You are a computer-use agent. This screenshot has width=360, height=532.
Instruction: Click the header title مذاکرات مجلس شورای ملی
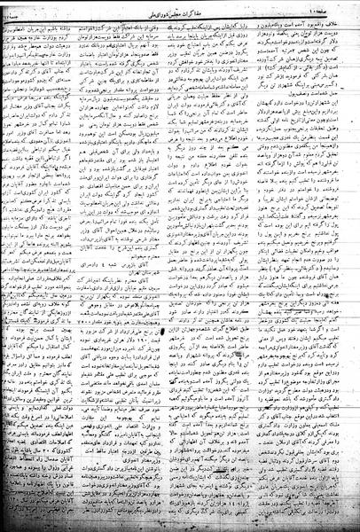[x=183, y=10]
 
